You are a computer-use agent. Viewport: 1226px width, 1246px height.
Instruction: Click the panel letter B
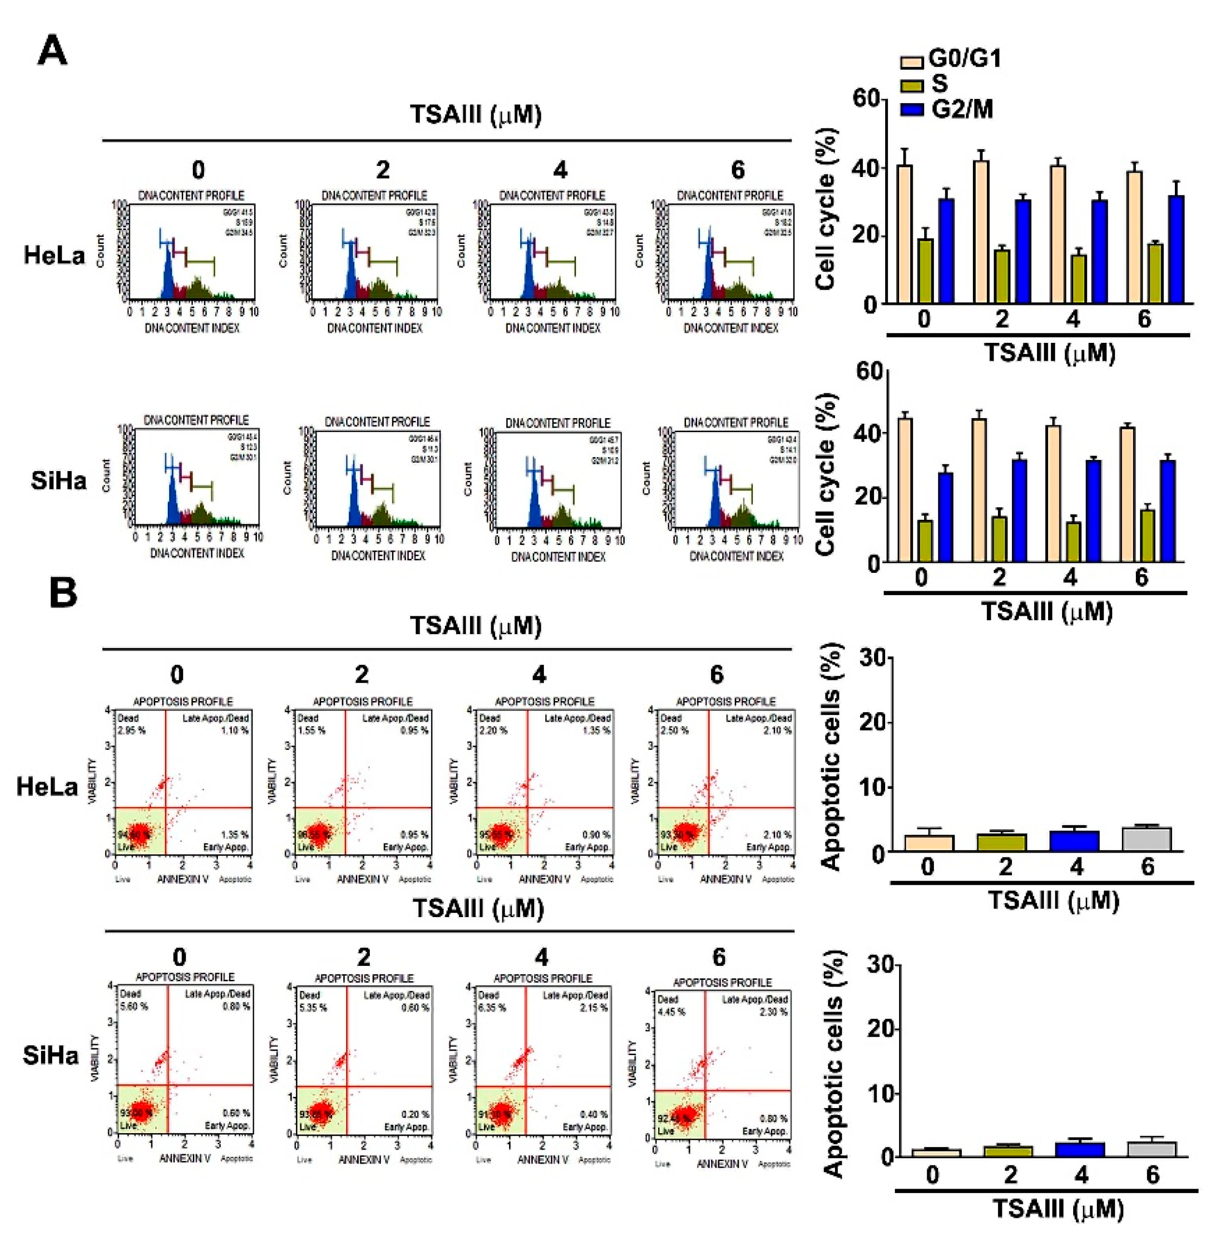[x=63, y=593]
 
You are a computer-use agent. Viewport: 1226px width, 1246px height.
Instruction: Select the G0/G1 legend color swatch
[x=912, y=62]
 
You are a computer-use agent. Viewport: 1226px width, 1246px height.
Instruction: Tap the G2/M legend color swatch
[x=912, y=109]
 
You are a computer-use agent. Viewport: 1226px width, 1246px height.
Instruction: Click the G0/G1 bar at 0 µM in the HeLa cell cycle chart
[x=905, y=235]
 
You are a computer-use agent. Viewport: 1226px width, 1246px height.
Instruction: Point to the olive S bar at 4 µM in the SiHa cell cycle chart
[x=1073, y=542]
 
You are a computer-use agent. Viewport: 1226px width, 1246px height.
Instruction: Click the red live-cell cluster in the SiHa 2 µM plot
[x=321, y=1110]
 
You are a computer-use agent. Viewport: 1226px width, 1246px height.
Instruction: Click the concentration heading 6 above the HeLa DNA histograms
[x=738, y=170]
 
